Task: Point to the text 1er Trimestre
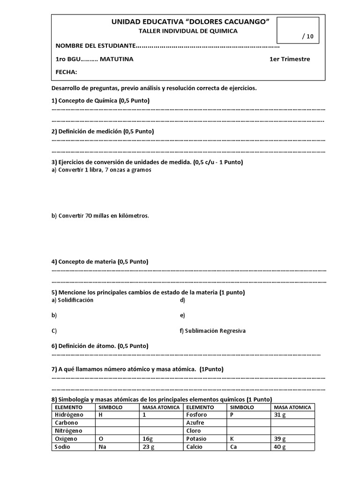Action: point(289,59)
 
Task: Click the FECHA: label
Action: point(66,72)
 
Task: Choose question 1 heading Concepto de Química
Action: point(101,101)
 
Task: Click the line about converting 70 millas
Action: point(100,216)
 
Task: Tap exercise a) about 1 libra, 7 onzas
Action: point(101,170)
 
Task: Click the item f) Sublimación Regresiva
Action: point(212,330)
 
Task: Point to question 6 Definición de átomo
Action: point(100,346)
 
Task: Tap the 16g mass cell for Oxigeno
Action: point(161,439)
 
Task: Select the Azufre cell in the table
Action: point(204,423)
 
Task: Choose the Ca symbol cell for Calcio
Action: point(249,447)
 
